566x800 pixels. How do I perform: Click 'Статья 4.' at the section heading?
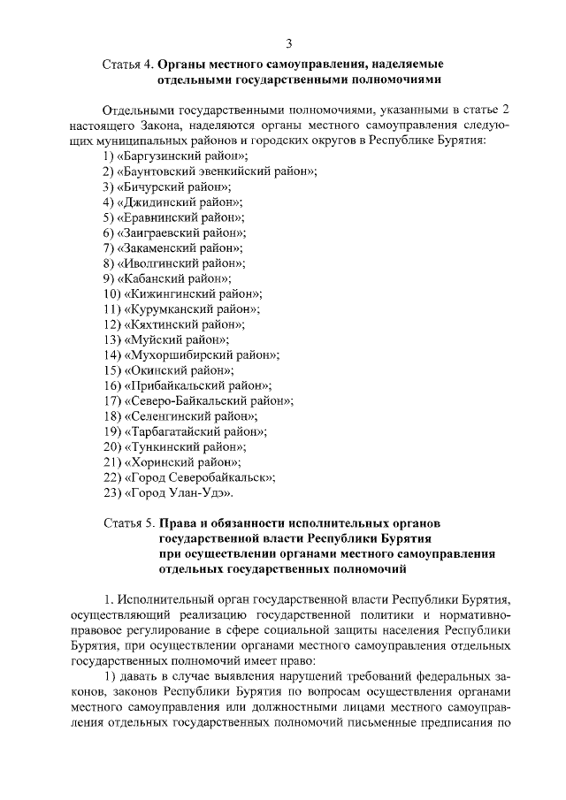(128, 65)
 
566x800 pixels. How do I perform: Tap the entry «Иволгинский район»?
(180, 263)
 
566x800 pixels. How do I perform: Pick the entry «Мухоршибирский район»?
(202, 354)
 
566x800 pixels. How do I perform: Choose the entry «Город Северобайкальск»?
(199, 476)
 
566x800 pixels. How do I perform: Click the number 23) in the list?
(111, 491)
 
